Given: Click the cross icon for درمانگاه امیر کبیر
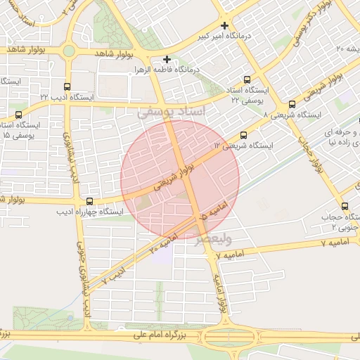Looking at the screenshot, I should pos(224,25).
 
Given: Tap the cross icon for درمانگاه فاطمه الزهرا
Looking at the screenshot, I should pos(167,59).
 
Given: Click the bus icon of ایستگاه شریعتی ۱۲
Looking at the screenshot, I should pos(244,135).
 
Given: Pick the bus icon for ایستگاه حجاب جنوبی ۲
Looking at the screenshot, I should pos(345,206).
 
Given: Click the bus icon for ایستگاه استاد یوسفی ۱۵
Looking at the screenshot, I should pos(18,114).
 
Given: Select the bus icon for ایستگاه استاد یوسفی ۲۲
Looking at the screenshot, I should pos(247,80).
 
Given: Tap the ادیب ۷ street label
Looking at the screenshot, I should pos(112,275).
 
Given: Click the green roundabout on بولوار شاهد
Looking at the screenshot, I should pos(68,51).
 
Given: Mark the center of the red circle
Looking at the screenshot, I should pos(180,180).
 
